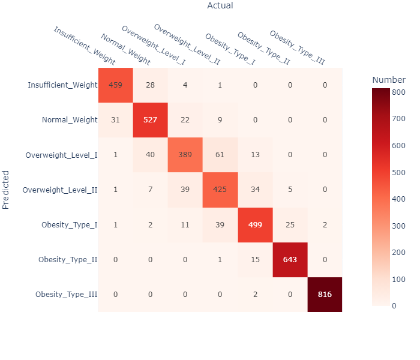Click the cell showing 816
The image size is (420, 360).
point(325,295)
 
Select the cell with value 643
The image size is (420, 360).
point(290,260)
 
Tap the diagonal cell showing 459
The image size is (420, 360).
point(116,85)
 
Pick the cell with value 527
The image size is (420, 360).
point(151,120)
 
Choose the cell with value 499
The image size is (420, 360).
point(255,225)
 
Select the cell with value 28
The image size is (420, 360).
point(151,85)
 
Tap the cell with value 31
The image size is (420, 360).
point(116,120)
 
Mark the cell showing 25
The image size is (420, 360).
point(290,225)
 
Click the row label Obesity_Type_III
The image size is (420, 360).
point(66,295)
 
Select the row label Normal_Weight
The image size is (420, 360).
point(70,120)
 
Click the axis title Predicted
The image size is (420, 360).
point(6,190)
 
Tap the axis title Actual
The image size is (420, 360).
point(220,6)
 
